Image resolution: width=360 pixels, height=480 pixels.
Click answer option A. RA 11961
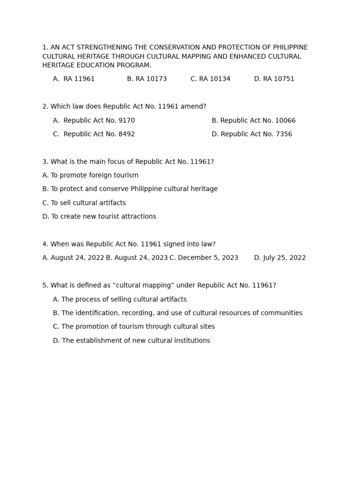(x=74, y=79)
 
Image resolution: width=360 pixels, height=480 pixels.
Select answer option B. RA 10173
(x=147, y=79)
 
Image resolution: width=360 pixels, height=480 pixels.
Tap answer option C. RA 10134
(x=210, y=79)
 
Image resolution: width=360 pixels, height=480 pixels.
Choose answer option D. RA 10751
(x=274, y=79)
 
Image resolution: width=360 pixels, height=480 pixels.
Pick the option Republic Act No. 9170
(x=94, y=120)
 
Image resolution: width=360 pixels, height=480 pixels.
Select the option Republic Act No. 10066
(x=254, y=120)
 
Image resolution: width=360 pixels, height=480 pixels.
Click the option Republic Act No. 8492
(x=94, y=134)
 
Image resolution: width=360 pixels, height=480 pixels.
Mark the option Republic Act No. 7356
(x=252, y=134)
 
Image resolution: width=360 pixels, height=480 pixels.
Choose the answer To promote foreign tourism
(x=90, y=175)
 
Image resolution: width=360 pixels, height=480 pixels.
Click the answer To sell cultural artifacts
(x=84, y=203)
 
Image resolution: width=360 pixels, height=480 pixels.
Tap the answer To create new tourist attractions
(x=99, y=217)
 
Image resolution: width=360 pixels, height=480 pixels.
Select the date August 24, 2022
(x=73, y=258)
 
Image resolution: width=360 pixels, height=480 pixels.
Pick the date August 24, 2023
(x=136, y=258)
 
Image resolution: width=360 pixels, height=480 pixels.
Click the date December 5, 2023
(x=203, y=258)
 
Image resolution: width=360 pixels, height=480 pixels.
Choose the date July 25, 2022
(x=280, y=258)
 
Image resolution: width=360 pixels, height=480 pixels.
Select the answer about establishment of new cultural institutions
(x=131, y=341)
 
